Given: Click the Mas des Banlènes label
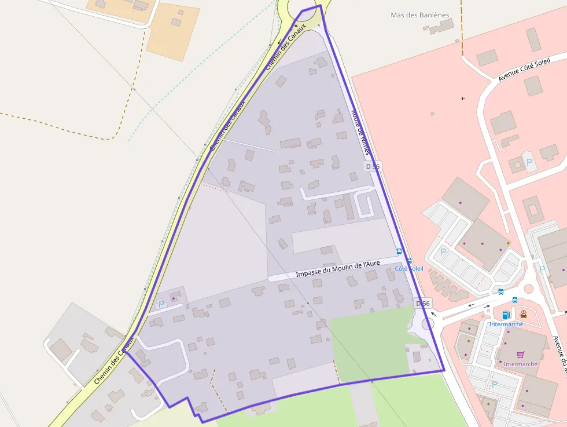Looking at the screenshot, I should click(x=420, y=15).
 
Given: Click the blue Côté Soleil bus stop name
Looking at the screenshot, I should click(x=409, y=269).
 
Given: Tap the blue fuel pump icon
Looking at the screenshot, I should click(x=506, y=315).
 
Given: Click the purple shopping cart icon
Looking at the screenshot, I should click(x=520, y=355).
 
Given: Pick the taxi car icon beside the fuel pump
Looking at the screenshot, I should click(x=523, y=314).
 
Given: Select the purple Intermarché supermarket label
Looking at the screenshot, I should click(x=520, y=364).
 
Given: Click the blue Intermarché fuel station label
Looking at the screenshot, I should click(x=506, y=324).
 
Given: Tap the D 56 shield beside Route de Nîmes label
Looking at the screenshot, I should click(x=373, y=166).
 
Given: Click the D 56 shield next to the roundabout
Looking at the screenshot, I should click(x=424, y=304).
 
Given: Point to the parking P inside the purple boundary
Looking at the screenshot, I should click(x=161, y=303).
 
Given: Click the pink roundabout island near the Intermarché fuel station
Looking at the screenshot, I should click(x=528, y=288).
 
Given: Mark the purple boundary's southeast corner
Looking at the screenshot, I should click(x=444, y=370).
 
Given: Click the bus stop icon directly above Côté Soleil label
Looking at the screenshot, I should click(x=409, y=261).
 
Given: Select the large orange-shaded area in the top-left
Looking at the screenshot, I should click(x=172, y=32).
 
